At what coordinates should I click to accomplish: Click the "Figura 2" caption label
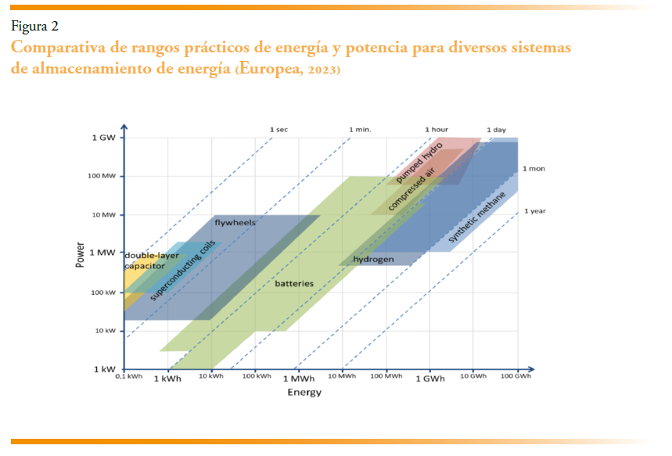click(x=35, y=27)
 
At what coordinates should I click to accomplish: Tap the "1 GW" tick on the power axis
click(x=105, y=138)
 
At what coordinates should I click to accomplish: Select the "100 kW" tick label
click(x=104, y=293)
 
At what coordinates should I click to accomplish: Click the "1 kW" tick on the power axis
click(x=105, y=368)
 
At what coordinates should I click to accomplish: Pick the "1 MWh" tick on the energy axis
click(x=299, y=379)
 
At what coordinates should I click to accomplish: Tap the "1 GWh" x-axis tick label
click(x=429, y=379)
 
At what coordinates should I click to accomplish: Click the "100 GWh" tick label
click(x=517, y=377)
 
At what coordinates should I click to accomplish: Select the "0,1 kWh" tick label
click(x=128, y=377)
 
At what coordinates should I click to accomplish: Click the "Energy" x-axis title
click(x=304, y=393)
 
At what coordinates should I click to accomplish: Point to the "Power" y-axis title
click(x=80, y=254)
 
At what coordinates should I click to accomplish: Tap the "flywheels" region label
click(x=235, y=223)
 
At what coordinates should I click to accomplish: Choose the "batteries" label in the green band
click(x=294, y=283)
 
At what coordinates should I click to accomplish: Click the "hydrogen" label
click(x=373, y=259)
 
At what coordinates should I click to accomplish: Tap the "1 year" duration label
click(x=536, y=210)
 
